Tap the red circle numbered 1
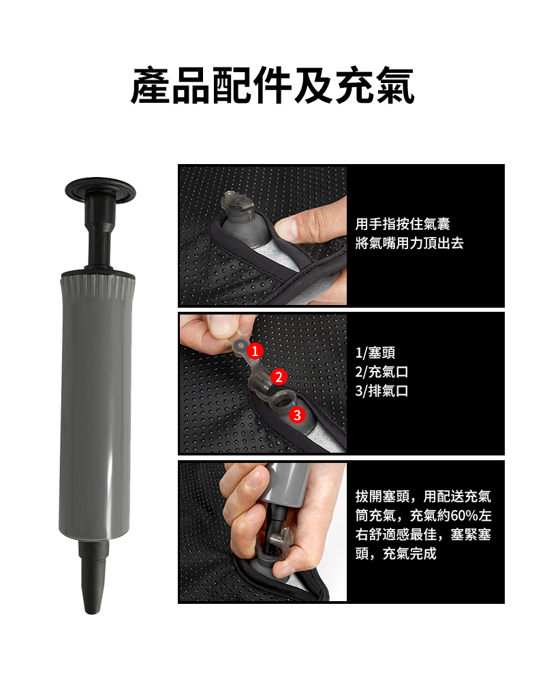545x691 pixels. point(255,351)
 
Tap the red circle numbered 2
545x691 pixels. point(278,376)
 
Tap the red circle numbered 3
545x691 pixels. point(296,415)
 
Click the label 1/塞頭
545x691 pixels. point(375,353)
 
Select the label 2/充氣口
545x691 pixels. point(382,372)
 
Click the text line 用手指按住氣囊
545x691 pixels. point(403,223)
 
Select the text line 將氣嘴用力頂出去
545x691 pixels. point(409,242)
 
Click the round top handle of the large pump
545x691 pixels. point(101,187)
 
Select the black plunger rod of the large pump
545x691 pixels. point(99,235)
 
